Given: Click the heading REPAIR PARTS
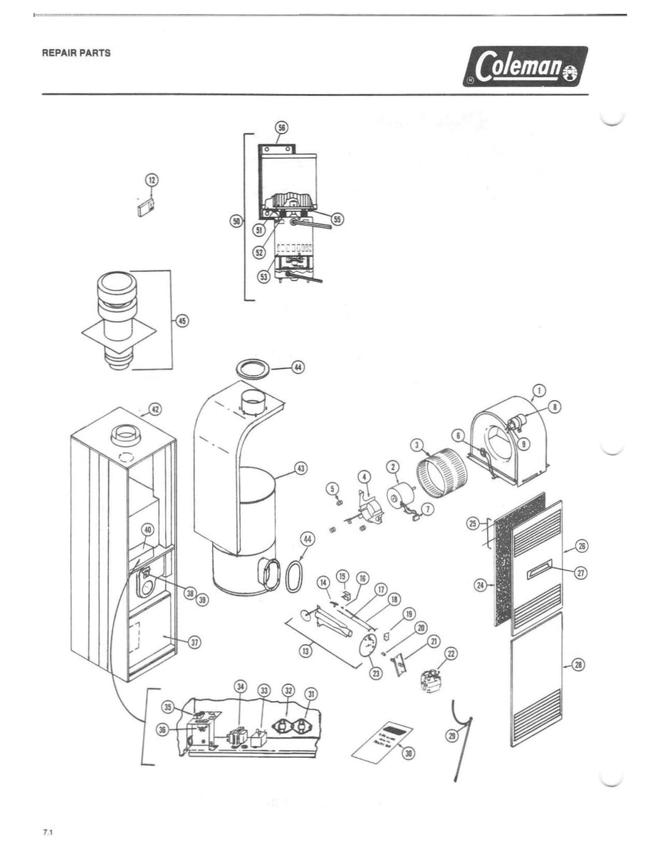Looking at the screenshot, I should [76, 53].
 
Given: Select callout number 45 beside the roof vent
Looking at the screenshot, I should [182, 321].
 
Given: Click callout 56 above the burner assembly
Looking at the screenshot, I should [281, 128].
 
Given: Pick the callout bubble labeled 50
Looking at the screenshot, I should [236, 221].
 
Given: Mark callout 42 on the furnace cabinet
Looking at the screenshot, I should [154, 410].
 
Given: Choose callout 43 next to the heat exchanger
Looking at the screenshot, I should [300, 469].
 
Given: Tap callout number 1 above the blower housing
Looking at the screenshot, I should [539, 389].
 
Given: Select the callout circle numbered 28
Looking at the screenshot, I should [578, 665].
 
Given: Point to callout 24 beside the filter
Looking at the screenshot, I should [480, 585].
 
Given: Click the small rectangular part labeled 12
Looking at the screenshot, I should [146, 207].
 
